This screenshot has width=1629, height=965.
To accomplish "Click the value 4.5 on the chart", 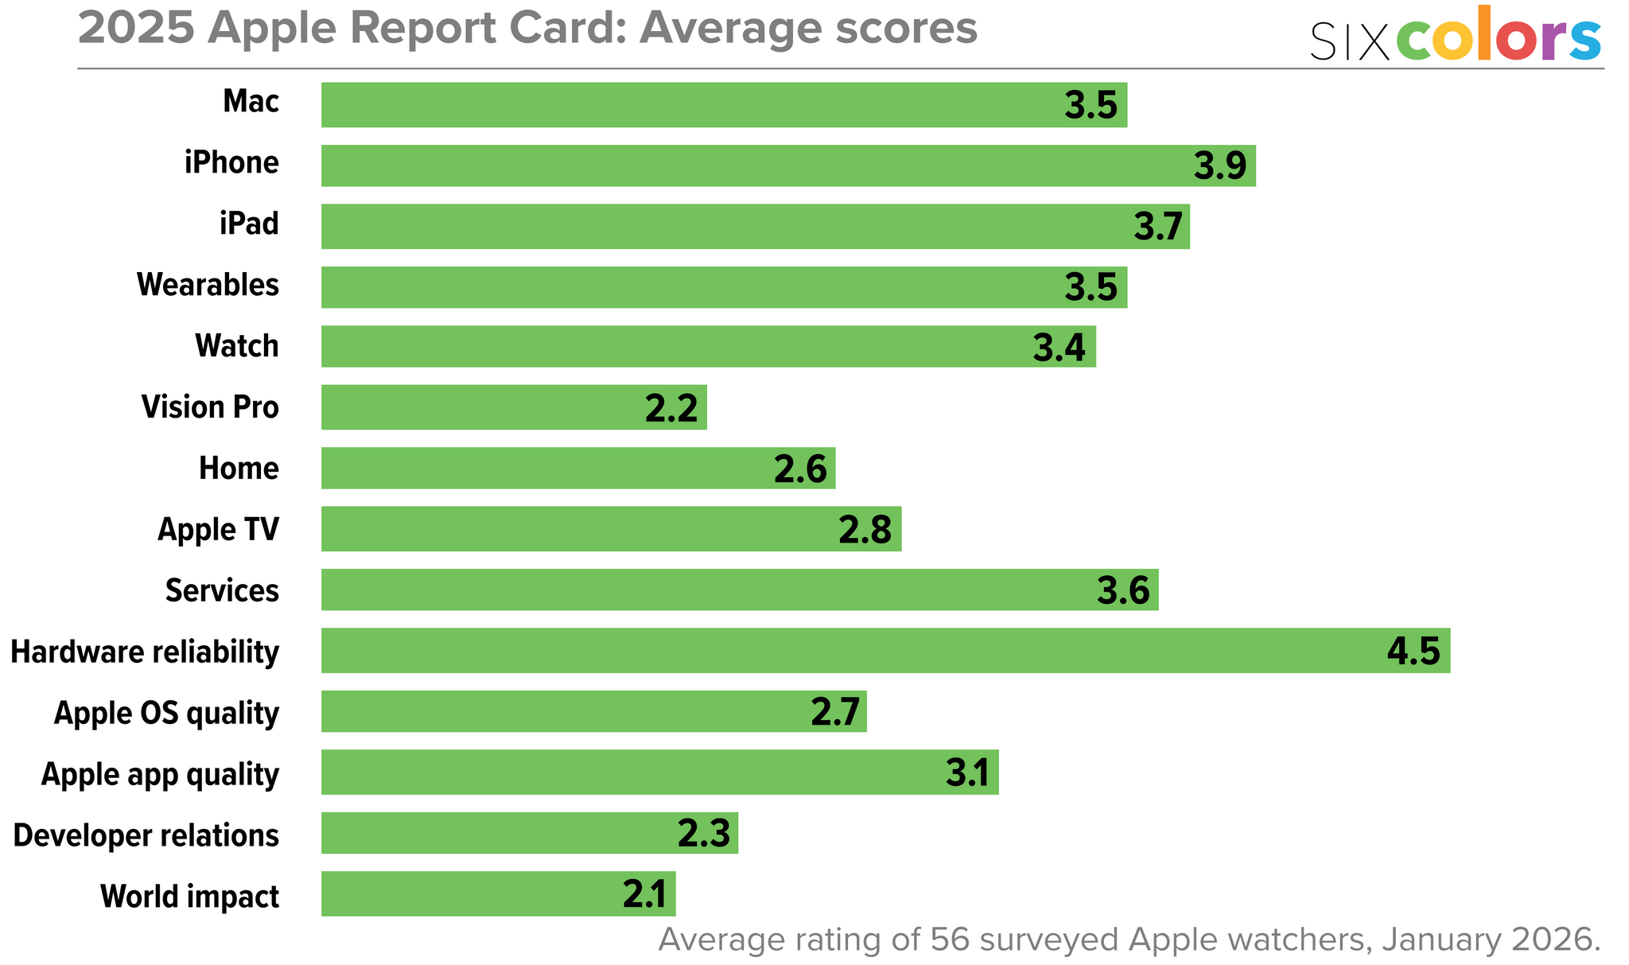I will [1413, 652].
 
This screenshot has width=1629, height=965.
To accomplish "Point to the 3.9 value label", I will [1220, 165].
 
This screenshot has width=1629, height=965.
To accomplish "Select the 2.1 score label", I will [644, 895].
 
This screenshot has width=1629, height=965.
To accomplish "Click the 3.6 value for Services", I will [1123, 591].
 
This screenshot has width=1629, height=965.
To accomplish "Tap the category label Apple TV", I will [218, 529].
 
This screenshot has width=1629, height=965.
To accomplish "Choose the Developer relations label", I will [146, 835].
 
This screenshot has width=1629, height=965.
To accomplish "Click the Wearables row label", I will [208, 285].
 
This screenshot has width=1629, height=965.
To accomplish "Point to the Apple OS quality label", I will [166, 713].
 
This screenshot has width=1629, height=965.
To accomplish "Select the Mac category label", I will [251, 102].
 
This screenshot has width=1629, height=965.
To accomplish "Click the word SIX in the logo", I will [1349, 41].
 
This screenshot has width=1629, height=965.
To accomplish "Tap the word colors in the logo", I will [1499, 36].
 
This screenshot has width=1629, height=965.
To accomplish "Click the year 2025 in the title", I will [136, 29].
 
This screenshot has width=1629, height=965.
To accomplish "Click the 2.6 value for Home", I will [800, 469].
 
